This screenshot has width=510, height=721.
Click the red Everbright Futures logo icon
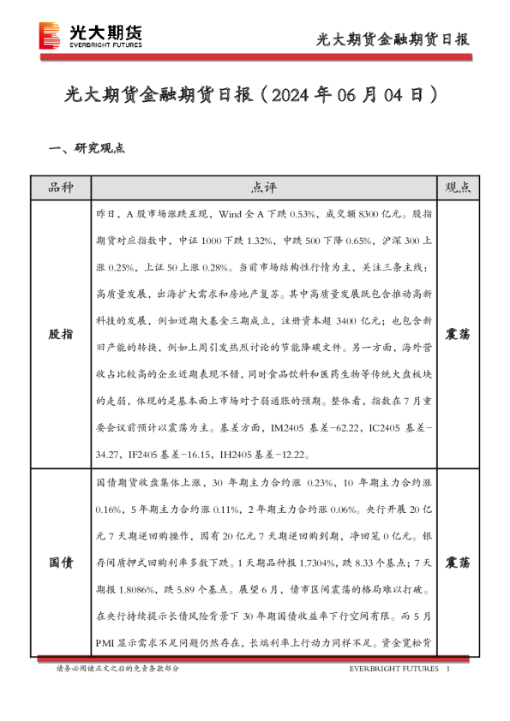[49, 36]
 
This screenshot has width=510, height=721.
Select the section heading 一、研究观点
[87, 147]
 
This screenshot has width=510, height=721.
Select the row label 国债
[62, 563]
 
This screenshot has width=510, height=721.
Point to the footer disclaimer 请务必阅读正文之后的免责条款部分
[118, 669]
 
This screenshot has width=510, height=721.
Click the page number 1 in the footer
[450, 669]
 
